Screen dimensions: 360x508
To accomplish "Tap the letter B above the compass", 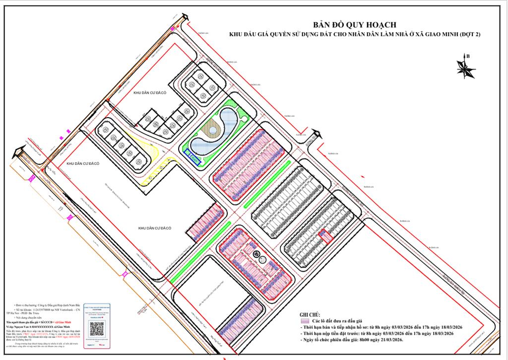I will (x=468, y=56).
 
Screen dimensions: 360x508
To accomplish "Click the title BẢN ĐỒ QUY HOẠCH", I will (x=354, y=24).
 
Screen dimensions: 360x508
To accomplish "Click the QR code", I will (x=96, y=328).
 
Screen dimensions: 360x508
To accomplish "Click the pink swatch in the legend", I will (x=305, y=321).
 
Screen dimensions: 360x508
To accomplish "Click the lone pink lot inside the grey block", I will (x=326, y=237).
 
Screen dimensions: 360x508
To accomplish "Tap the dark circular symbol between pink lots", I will (x=256, y=254).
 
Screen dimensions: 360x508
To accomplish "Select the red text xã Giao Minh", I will (x=62, y=322).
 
